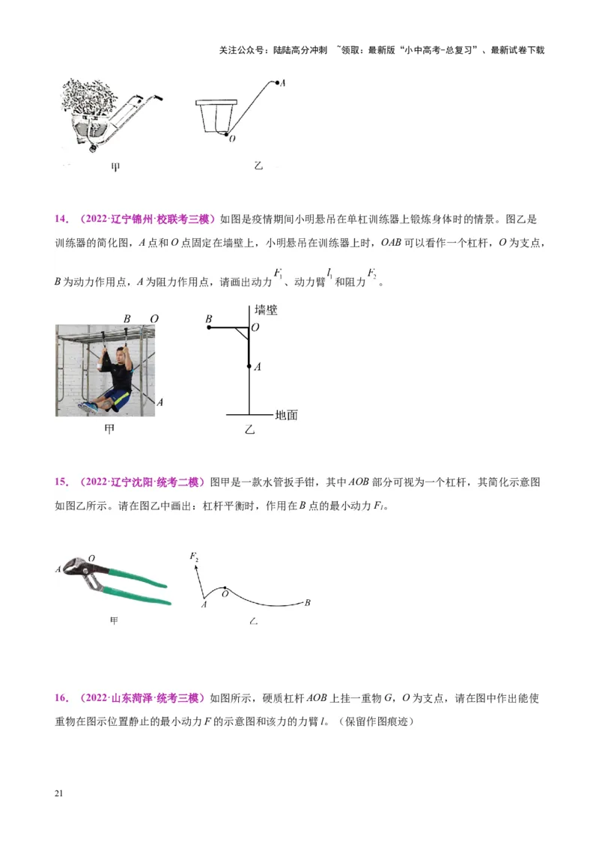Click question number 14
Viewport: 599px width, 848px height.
(x=61, y=219)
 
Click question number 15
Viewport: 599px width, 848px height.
(x=61, y=482)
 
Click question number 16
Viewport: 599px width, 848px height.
(x=61, y=698)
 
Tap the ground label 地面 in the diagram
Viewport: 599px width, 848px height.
(x=286, y=414)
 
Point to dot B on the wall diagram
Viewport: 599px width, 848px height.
(x=210, y=327)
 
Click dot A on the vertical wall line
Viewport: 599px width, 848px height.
(x=249, y=366)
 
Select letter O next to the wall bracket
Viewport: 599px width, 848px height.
(x=256, y=328)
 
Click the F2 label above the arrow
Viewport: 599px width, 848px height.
(x=194, y=556)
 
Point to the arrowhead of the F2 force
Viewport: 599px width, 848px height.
(x=196, y=569)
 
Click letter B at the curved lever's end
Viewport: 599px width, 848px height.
(x=307, y=602)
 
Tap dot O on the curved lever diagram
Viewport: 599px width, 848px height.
(x=225, y=590)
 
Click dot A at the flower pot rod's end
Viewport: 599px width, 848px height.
(x=278, y=82)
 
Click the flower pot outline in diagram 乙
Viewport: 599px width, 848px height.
(x=215, y=116)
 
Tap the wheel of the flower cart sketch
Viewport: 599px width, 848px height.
(x=93, y=148)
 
